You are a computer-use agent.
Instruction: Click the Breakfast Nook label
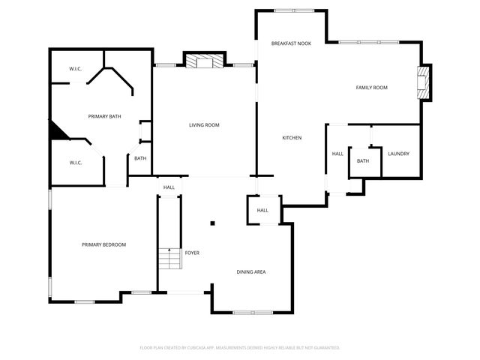291,44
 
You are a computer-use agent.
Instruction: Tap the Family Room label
371,88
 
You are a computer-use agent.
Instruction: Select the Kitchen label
292,138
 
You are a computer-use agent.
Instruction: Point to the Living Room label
204,124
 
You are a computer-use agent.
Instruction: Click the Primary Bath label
104,116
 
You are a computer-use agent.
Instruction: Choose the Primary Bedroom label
103,244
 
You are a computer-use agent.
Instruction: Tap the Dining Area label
251,271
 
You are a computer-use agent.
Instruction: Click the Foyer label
192,253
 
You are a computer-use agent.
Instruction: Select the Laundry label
397,154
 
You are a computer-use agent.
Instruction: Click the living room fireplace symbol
204,62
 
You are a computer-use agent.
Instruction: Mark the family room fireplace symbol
424,82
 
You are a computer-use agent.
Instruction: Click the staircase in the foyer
170,259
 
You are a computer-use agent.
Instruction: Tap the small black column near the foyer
212,223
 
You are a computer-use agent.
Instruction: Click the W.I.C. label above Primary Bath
75,69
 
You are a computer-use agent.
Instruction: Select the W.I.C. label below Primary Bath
75,163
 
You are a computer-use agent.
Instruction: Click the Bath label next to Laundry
363,161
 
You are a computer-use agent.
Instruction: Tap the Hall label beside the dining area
262,210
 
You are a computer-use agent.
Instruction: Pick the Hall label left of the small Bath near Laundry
337,154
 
